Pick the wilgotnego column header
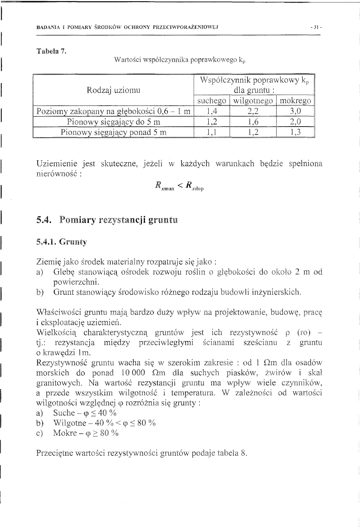click(x=254, y=101)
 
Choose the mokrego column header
click(x=296, y=101)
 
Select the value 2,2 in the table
click(x=254, y=112)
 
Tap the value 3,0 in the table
click(x=296, y=112)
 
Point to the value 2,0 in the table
click(x=296, y=122)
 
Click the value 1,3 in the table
click(x=296, y=132)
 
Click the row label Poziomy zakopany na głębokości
click(x=114, y=112)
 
